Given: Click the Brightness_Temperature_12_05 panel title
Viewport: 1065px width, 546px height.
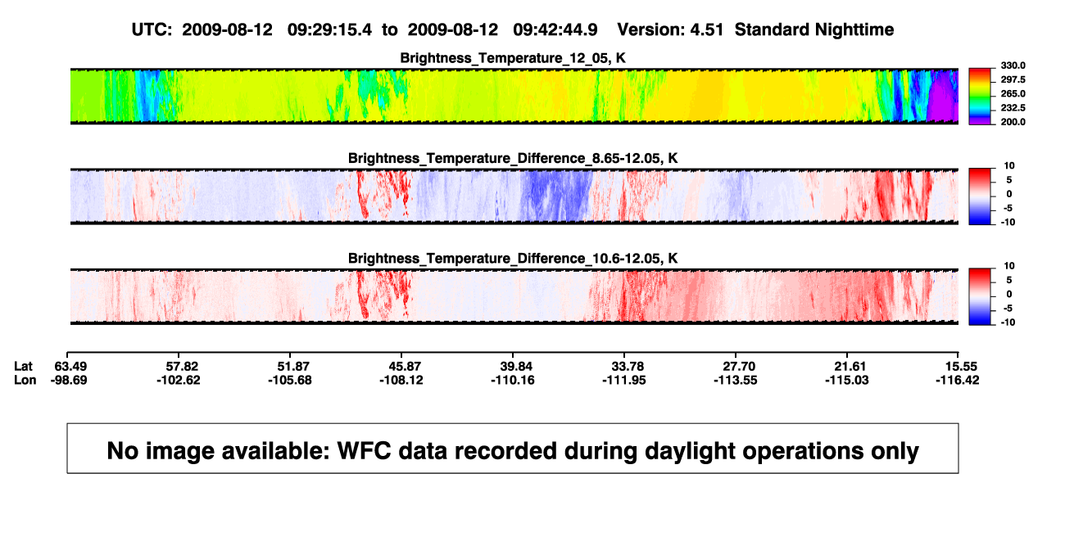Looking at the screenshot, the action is coord(513,58).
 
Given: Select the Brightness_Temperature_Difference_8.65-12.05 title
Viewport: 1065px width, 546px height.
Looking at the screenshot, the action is coord(513,158).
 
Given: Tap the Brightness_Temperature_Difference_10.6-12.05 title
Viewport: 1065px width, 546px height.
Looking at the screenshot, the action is coord(513,259).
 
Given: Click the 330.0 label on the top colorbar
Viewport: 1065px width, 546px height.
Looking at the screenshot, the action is coord(1013,65).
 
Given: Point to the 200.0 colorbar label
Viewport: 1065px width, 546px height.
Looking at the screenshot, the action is coord(1013,122).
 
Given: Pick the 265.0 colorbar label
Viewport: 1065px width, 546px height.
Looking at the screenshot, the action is coord(1013,93).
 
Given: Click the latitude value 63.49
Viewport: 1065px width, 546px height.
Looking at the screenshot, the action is coord(70,367).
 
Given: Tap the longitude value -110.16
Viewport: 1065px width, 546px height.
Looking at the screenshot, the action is coord(513,380).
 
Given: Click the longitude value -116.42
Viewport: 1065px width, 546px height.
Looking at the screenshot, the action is coord(957,380).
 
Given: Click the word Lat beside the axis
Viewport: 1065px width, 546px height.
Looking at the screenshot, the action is coord(23,367).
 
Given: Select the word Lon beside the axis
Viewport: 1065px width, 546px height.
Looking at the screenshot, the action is coord(25,380).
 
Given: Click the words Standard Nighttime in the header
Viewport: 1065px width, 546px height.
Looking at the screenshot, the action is coord(814,30).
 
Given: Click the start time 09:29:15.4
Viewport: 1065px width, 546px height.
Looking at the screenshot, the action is coord(329,30).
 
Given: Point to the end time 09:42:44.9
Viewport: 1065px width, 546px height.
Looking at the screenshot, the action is coord(555,30).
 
